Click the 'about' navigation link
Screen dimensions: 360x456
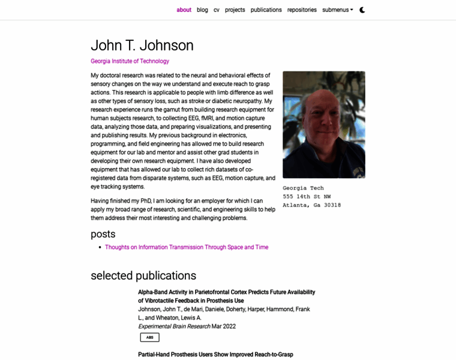click(x=184, y=10)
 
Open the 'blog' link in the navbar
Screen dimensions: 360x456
click(x=202, y=10)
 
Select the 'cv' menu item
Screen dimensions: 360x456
click(x=217, y=10)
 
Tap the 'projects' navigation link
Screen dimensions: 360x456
click(x=235, y=10)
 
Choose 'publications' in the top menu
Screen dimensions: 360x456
click(x=266, y=10)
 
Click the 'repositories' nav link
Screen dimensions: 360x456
click(x=302, y=10)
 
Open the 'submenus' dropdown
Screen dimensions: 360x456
click(x=337, y=10)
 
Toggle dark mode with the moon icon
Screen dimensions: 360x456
click(x=362, y=10)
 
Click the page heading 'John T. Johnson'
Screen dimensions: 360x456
click(x=142, y=46)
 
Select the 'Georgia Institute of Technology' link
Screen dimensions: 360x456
click(x=130, y=61)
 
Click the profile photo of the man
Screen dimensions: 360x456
click(x=323, y=125)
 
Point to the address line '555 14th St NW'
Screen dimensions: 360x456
click(x=307, y=196)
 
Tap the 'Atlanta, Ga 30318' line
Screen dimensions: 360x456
click(x=311, y=205)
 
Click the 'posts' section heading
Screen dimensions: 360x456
click(x=103, y=234)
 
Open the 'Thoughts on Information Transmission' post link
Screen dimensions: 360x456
click(x=187, y=247)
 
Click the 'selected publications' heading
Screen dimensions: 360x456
click(x=143, y=275)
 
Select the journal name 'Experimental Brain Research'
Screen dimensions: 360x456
click(x=174, y=326)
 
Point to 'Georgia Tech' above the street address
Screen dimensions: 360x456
click(x=303, y=188)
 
